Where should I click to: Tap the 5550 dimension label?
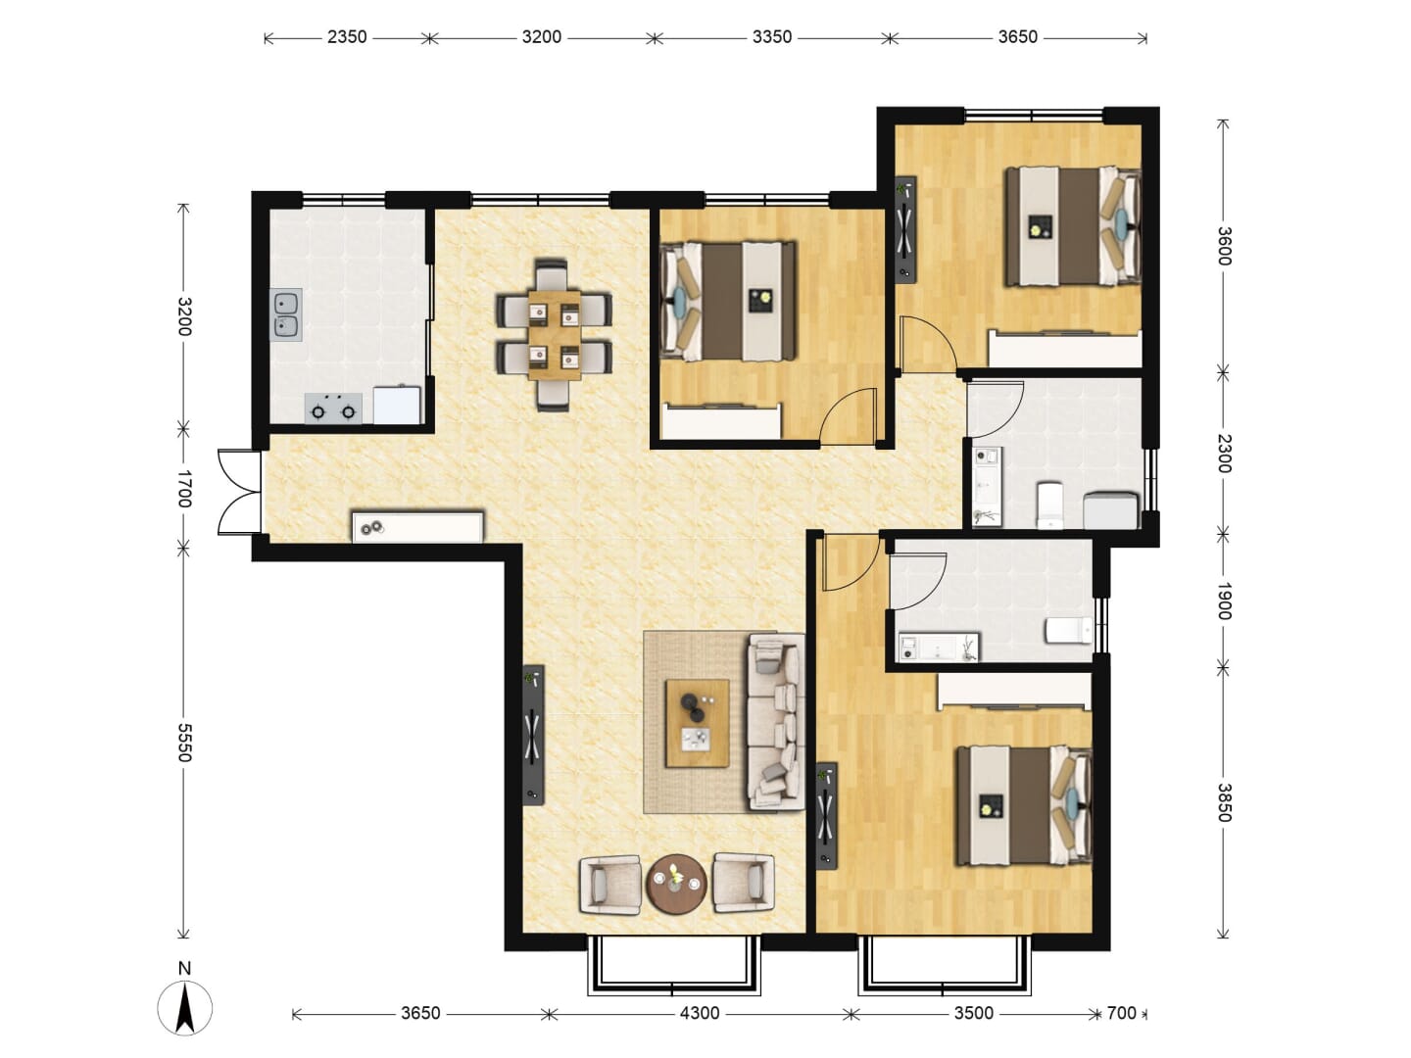pos(184,743)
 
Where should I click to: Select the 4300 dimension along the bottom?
pos(700,1014)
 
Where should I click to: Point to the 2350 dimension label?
pos(347,37)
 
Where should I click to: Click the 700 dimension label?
pos(1122,1014)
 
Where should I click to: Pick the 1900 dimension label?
pos(1223,601)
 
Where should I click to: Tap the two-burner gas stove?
pos(333,409)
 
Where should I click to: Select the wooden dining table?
pos(555,335)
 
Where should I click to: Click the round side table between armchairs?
pos(676,883)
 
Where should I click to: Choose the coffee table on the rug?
pos(698,723)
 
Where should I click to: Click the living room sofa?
pos(776,722)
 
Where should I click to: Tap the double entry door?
pos(239,492)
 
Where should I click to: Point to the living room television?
pos(534,735)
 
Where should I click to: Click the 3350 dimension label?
pos(772,37)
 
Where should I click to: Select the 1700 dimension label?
pos(184,489)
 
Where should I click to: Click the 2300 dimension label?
pos(1223,454)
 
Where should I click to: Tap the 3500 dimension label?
pos(974,1014)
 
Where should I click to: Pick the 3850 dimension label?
pos(1223,802)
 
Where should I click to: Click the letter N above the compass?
pos(184,968)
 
